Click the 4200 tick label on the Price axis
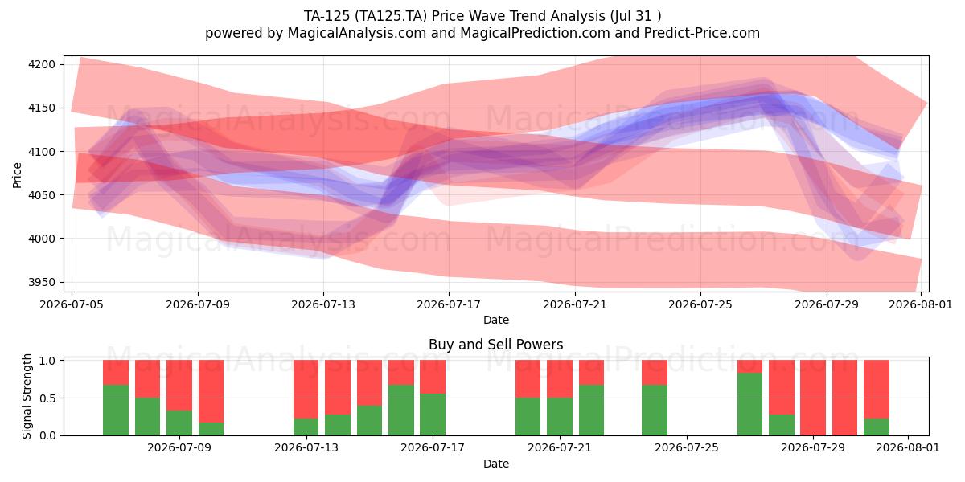point(42,64)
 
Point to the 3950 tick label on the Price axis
point(42,282)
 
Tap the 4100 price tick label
point(42,152)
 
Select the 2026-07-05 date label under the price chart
point(72,304)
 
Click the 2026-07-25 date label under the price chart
point(700,304)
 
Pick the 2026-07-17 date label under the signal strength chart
point(433,447)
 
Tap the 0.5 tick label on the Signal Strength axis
point(47,398)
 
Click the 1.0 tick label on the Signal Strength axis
point(47,361)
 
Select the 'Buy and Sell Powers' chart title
point(496,345)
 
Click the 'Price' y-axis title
point(17,175)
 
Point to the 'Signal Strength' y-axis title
point(27,396)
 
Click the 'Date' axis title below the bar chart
point(496,464)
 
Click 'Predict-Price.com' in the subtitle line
point(702,33)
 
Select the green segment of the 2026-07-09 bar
point(179,423)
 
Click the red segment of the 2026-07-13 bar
point(306,389)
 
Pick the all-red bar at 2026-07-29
point(813,398)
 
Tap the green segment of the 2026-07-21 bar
point(560,417)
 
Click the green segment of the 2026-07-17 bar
point(433,415)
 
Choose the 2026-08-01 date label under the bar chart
point(908,447)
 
